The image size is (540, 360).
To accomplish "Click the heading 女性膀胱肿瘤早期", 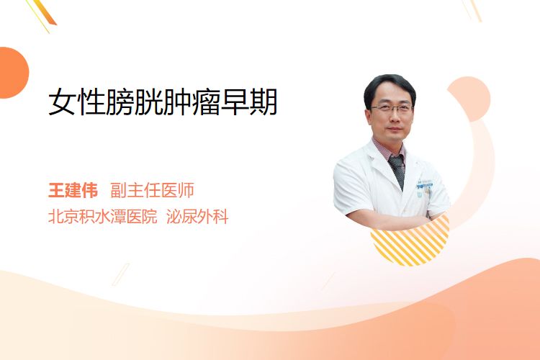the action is pos(163,102).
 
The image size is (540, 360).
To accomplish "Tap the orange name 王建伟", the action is pos(73,190).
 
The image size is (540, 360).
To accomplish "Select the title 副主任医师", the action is pos(152,190).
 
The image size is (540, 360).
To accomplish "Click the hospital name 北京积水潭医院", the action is pos(103,217).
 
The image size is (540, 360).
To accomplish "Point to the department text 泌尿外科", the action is pos(197,217).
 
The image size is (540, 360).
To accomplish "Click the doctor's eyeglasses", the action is pos(392,109).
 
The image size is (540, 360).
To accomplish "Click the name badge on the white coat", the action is pos(425,184).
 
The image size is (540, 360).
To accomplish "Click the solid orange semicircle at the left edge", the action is pos(13,73).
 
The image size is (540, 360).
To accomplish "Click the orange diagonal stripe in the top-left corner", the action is pos(45,13).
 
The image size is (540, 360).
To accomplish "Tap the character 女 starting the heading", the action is pos(62,102).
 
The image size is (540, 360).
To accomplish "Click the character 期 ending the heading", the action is pos(264,102).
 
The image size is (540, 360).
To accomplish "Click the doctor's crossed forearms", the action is pos(389,220).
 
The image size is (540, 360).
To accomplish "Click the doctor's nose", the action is pos(393,118).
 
